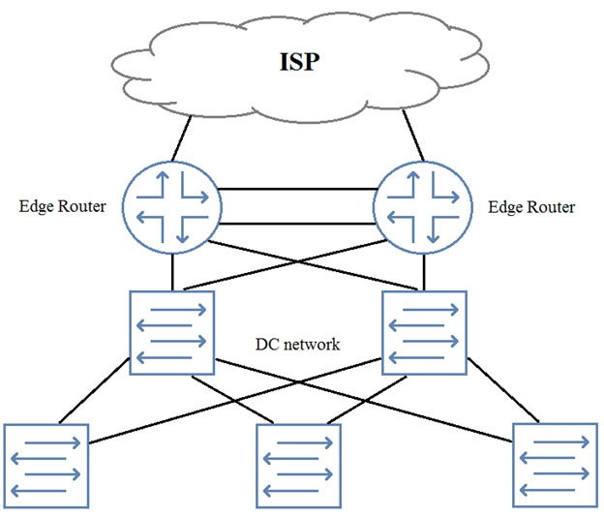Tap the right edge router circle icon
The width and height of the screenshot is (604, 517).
click(x=423, y=205)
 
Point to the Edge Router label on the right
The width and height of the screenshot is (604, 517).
click(x=531, y=207)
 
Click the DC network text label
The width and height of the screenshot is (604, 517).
click(x=297, y=344)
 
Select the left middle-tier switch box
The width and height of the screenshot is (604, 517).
click(x=172, y=331)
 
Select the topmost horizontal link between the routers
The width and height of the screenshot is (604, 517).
click(x=298, y=188)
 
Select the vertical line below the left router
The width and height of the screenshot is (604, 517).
click(x=173, y=272)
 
